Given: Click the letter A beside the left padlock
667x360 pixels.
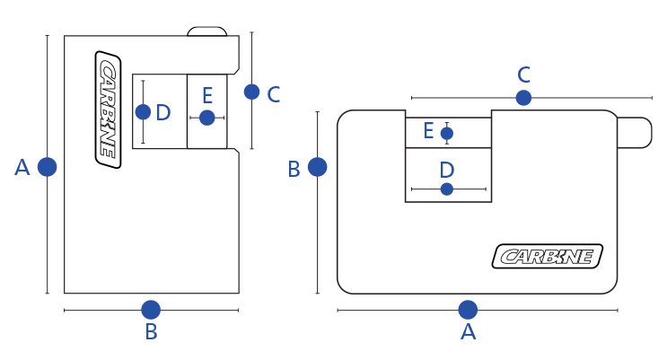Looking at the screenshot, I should pyautogui.click(x=22, y=167).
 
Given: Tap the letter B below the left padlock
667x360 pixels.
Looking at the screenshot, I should pyautogui.click(x=151, y=332).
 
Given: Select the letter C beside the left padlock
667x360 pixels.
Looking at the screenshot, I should pyautogui.click(x=274, y=93).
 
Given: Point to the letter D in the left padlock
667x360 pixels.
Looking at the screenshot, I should pyautogui.click(x=162, y=112).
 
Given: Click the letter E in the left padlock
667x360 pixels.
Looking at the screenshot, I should pyautogui.click(x=207, y=95).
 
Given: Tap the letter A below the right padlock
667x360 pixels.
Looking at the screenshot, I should pyautogui.click(x=468, y=332).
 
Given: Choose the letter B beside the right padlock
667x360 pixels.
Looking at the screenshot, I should pyautogui.click(x=294, y=169).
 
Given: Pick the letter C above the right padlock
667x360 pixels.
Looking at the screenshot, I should pyautogui.click(x=524, y=75).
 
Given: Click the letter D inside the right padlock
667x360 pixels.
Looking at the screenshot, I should pyautogui.click(x=447, y=169).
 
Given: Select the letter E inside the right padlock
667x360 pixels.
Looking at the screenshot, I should pyautogui.click(x=428, y=132).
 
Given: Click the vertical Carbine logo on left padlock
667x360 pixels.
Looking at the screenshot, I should pyautogui.click(x=108, y=110).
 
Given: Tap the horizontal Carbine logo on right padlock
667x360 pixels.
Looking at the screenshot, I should pyautogui.click(x=547, y=256).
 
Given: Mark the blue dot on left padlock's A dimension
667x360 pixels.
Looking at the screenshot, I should pyautogui.click(x=48, y=166).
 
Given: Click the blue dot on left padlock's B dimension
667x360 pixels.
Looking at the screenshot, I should pyautogui.click(x=151, y=310).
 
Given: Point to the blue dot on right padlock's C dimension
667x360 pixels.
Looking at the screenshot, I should pyautogui.click(x=523, y=97).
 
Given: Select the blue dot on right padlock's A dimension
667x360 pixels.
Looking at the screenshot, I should pyautogui.click(x=468, y=310).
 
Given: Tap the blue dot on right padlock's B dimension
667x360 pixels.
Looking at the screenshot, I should pyautogui.click(x=317, y=166).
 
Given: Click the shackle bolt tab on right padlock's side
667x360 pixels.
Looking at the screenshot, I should pyautogui.click(x=635, y=132).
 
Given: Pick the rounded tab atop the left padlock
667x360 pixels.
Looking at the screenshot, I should pyautogui.click(x=206, y=31).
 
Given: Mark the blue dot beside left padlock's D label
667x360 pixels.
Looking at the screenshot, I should pyautogui.click(x=143, y=111).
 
